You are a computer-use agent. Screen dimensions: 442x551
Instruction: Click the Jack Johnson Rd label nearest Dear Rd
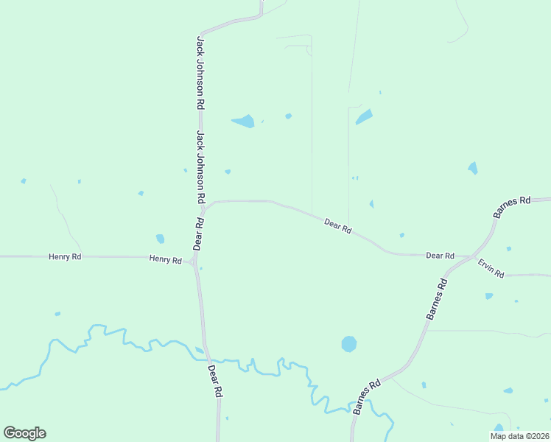[200, 168]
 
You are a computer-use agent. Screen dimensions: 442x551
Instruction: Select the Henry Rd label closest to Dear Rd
[165, 259]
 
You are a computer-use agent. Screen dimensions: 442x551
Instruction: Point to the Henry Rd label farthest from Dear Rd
[65, 256]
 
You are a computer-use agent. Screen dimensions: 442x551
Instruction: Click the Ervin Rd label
[491, 268]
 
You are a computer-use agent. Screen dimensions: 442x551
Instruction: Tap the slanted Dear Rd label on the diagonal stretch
[338, 225]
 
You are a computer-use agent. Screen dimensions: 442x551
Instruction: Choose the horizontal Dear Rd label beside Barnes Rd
[440, 256]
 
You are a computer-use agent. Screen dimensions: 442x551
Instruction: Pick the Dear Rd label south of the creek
[214, 382]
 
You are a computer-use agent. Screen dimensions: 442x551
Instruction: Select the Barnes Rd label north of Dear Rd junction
[512, 206]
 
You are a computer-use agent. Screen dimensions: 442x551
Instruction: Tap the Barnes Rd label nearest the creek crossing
[366, 396]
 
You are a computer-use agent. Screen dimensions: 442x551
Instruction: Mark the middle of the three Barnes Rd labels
[437, 298]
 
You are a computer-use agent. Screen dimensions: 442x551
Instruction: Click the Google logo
[24, 433]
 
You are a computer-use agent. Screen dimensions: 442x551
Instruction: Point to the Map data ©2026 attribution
[519, 436]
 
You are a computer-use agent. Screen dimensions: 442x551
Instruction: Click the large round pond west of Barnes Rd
[349, 344]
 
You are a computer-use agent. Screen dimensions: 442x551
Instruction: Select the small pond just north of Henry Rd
[160, 239]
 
